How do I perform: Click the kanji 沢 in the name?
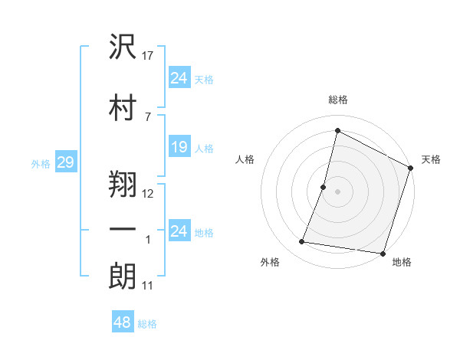coord(123,47)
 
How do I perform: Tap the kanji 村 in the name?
coord(123,106)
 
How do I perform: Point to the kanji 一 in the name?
coord(123,230)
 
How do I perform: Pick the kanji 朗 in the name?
coord(123,277)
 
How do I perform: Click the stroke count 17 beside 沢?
coord(149,56)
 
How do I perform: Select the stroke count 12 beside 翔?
coord(149,193)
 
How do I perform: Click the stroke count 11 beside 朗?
coord(148,286)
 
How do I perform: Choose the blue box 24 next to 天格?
coord(179,77)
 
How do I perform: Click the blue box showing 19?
coord(179,147)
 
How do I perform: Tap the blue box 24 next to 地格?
coord(179,231)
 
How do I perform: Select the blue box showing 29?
coord(65,162)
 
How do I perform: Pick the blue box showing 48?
coord(122,322)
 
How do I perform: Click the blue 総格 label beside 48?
coord(147,324)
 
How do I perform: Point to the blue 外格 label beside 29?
coord(41,163)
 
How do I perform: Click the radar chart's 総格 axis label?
coord(337,100)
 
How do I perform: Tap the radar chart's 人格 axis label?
coord(245,159)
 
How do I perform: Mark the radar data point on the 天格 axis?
coord(411,169)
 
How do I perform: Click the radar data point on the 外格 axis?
coord(302,242)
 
